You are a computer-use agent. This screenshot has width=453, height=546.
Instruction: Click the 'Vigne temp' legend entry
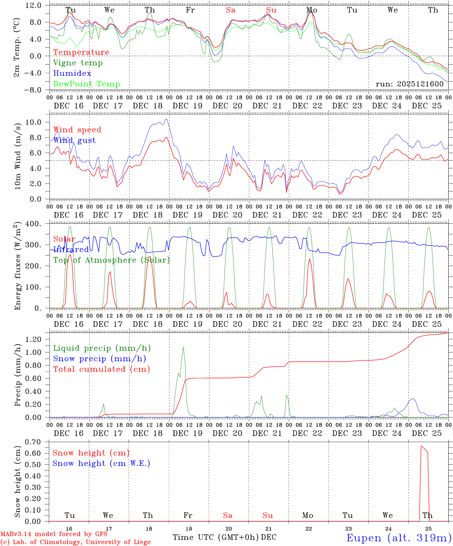pos(78,63)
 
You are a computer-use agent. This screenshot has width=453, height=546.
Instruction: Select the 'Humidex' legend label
pos(72,74)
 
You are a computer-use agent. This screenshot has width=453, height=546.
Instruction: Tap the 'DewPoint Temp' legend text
pos(87,84)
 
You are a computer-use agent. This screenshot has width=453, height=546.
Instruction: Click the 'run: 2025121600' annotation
pos(409,84)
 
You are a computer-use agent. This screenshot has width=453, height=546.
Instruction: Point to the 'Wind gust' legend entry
pos(74,140)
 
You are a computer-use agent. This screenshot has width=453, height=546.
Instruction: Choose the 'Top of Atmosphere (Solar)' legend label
pos(112,260)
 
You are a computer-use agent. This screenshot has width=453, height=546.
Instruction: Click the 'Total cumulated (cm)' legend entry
pos(101,369)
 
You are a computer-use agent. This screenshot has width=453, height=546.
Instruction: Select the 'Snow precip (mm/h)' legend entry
pos(99,359)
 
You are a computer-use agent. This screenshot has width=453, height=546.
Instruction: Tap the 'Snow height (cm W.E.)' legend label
pos(101,463)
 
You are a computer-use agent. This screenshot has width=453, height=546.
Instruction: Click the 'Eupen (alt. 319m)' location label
pos(398,538)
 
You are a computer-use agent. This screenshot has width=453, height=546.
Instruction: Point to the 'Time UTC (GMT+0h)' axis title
pos(216,537)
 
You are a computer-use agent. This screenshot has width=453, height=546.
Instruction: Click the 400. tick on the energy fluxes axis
pos(34,224)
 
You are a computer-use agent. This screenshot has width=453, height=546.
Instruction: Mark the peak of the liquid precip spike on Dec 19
pos(184,347)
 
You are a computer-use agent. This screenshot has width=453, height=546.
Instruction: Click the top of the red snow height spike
pos(421,446)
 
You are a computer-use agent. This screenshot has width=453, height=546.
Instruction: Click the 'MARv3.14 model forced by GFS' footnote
pos(53,534)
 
